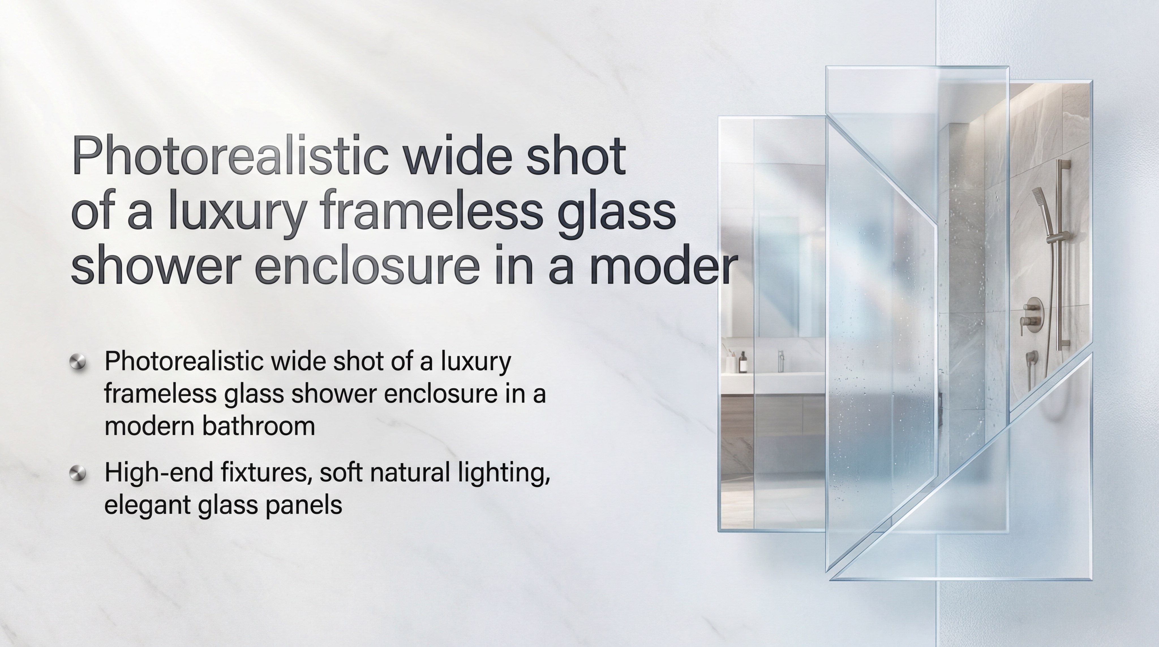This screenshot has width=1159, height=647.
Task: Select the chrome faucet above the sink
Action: [x=781, y=360]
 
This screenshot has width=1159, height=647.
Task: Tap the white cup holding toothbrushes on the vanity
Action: [x=730, y=363]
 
